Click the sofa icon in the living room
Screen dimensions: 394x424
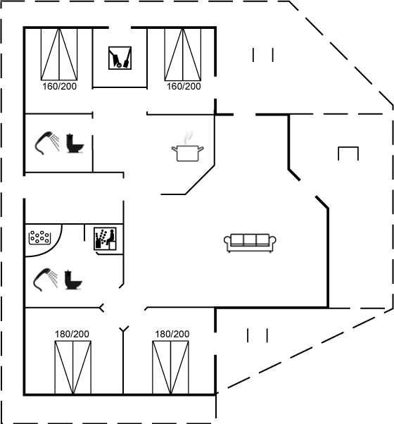[250, 243]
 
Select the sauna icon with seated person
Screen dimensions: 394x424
[105, 239]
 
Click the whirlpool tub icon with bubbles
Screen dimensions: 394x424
[39, 237]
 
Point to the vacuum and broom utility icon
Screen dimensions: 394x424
[120, 58]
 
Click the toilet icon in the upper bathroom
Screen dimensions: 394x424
[75, 143]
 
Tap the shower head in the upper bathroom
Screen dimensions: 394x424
[47, 143]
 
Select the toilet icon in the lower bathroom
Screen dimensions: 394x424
[73, 280]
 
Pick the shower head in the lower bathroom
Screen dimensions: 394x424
[45, 280]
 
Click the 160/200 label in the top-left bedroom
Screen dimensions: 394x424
[59, 86]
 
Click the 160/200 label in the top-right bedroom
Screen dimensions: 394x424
[184, 86]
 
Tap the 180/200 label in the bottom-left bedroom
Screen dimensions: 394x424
[72, 334]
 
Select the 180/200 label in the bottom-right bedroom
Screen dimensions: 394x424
[172, 334]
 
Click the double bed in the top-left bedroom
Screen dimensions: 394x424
[59, 54]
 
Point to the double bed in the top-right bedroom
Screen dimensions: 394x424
[183, 54]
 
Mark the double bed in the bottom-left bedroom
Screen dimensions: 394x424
[73, 368]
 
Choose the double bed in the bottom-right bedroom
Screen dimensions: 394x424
[170, 368]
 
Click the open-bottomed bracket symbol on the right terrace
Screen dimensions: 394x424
[348, 147]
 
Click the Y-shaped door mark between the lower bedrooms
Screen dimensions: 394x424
[124, 329]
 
